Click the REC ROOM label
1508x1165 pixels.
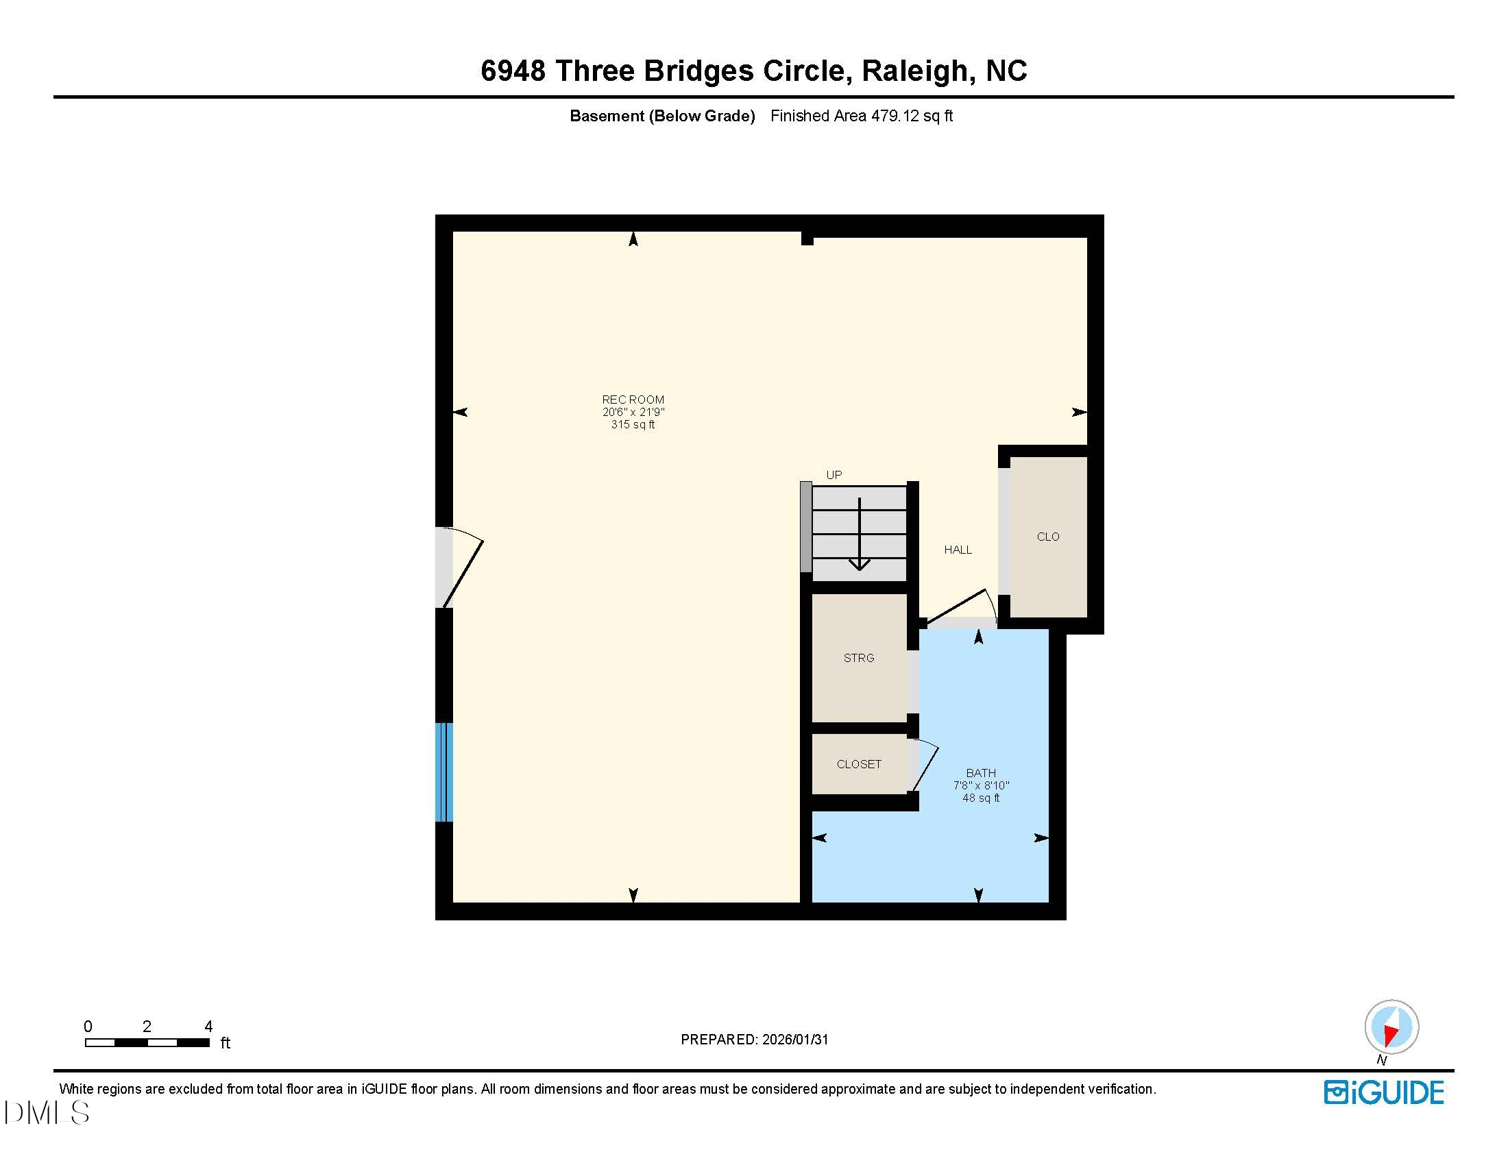click(633, 400)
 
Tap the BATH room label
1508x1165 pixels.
click(980, 773)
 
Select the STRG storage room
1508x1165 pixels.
click(858, 658)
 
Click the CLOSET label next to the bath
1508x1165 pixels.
click(858, 764)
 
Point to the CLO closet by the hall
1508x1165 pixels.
click(1047, 537)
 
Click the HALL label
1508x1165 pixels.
click(958, 550)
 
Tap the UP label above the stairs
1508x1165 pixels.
click(834, 475)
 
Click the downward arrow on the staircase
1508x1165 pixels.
click(859, 535)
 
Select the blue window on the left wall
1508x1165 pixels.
click(444, 772)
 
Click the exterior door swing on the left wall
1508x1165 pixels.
click(461, 567)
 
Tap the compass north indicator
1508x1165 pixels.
click(1391, 1027)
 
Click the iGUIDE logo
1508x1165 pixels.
click(1383, 1092)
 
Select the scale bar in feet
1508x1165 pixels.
click(147, 1042)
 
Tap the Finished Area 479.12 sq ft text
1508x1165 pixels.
click(861, 116)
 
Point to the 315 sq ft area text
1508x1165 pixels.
click(633, 424)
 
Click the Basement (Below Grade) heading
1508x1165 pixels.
click(661, 116)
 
